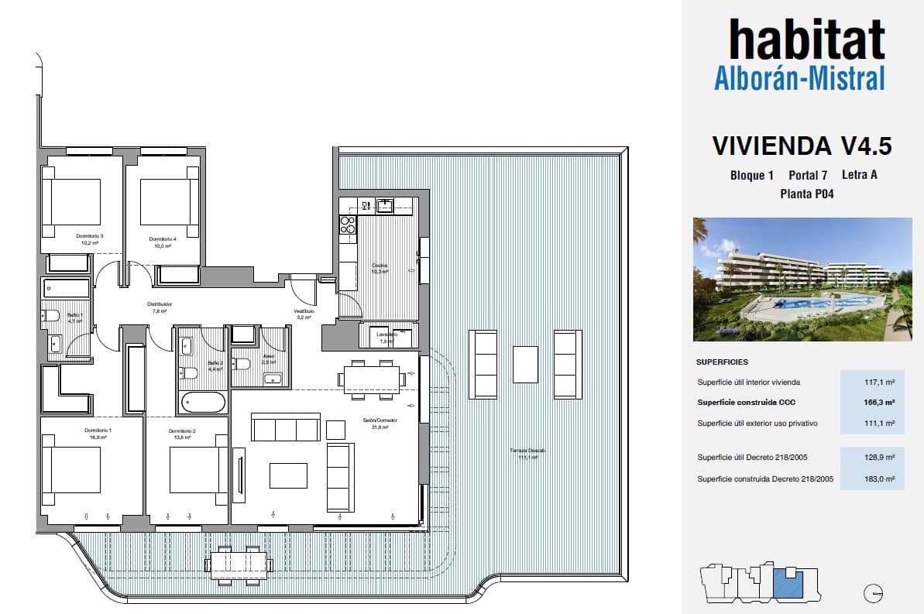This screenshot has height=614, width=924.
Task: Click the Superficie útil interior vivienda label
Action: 748,382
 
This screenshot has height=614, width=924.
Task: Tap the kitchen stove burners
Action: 348,225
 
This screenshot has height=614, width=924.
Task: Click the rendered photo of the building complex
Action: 801,280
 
